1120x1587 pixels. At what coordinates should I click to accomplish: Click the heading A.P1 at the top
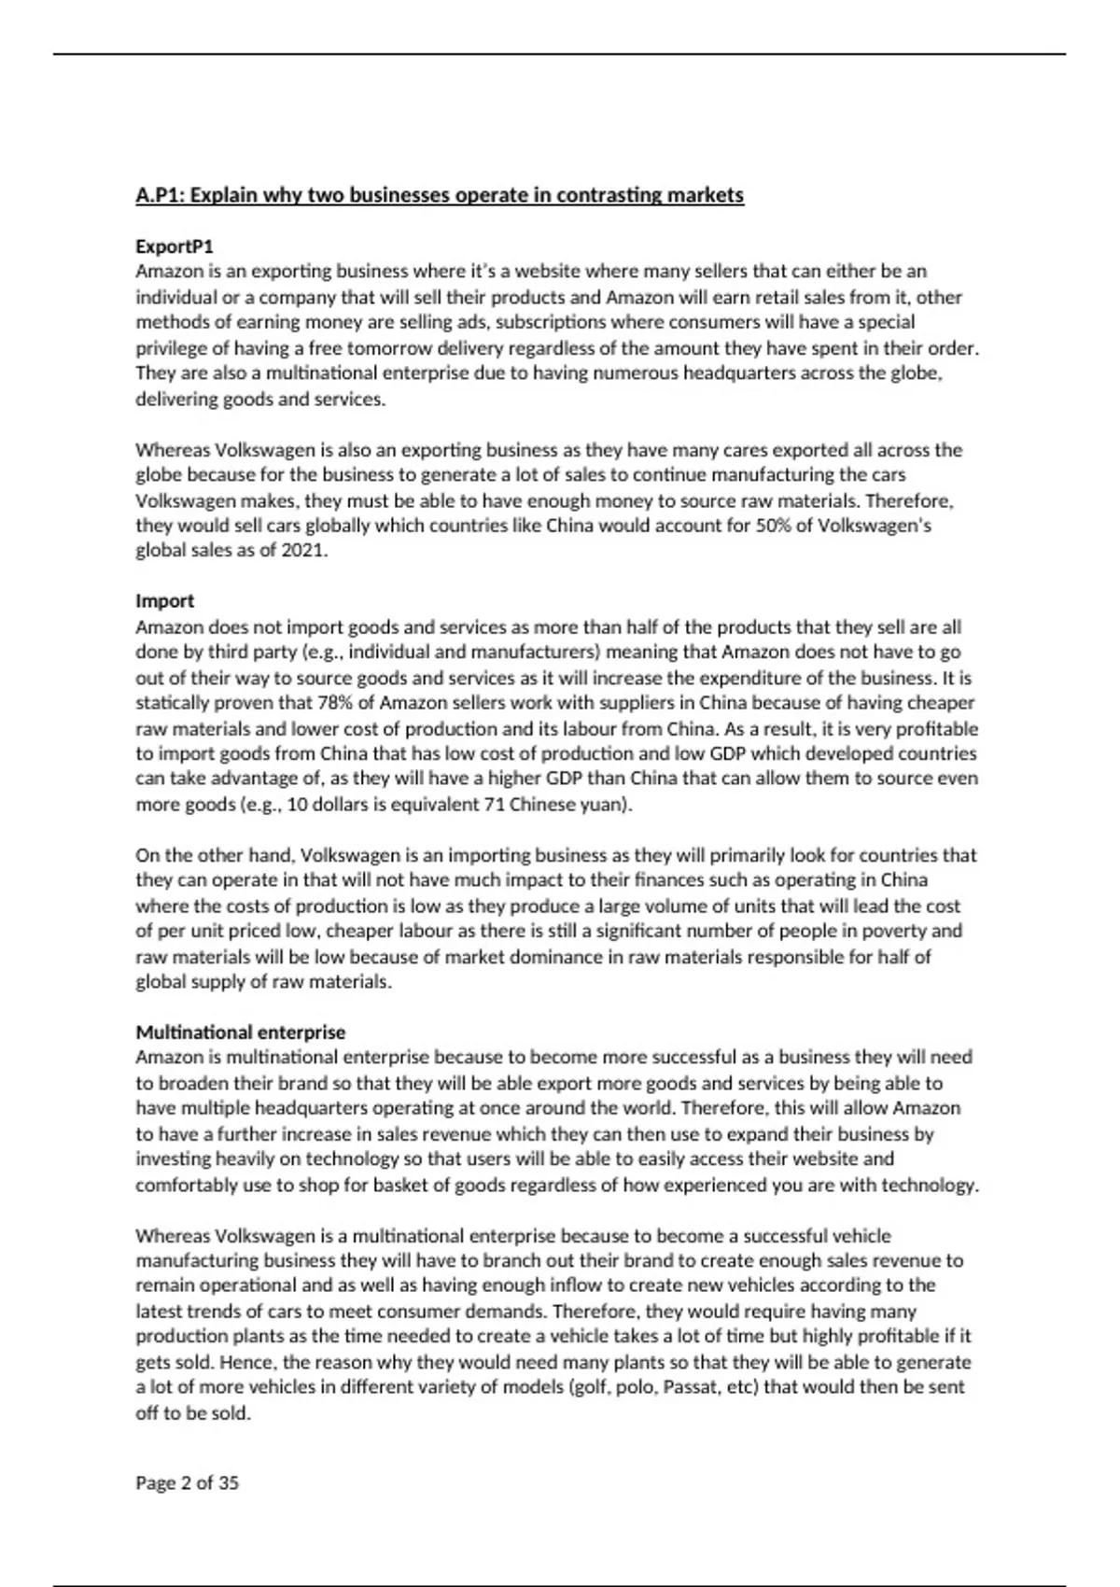(440, 195)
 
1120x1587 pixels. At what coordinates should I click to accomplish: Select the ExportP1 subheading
(175, 246)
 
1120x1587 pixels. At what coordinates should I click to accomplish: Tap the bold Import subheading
(165, 601)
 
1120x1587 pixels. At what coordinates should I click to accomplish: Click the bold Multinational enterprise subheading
(241, 1032)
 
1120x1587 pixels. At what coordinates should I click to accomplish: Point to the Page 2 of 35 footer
(188, 1482)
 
